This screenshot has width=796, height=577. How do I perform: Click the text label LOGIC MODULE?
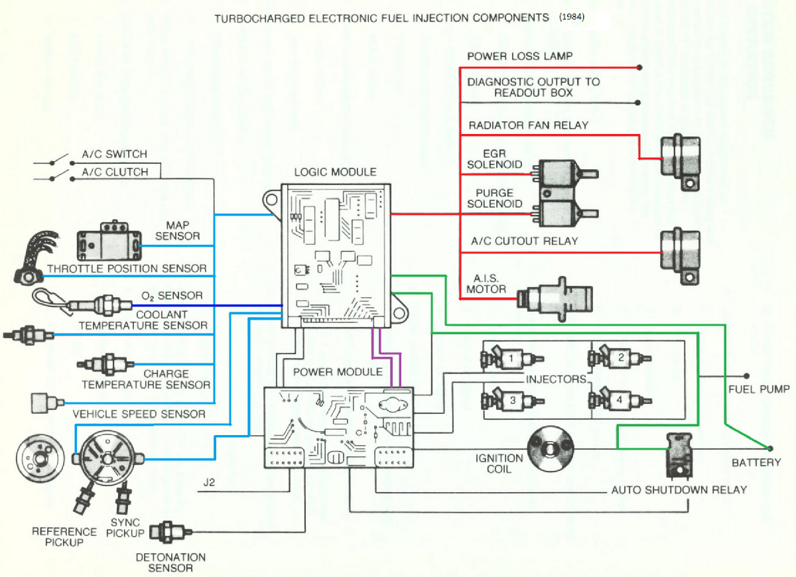[335, 172]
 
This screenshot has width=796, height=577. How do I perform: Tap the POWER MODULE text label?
[338, 372]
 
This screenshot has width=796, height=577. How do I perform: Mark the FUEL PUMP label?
[759, 389]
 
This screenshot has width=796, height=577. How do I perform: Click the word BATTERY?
[756, 462]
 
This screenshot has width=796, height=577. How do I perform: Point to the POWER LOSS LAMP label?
[519, 56]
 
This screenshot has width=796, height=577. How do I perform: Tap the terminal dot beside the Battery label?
[770, 448]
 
